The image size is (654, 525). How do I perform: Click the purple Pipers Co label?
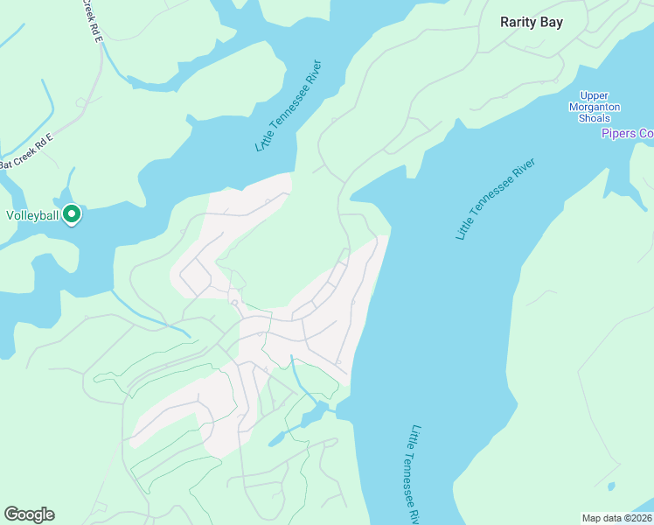tap(627, 133)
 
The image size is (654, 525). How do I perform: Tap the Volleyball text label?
tap(31, 215)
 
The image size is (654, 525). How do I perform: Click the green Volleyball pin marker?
tap(72, 213)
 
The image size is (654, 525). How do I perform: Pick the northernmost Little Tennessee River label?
tap(289, 106)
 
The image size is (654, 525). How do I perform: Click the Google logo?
tap(29, 514)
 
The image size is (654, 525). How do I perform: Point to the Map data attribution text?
tap(617, 518)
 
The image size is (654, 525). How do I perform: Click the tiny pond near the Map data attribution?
tap(610, 486)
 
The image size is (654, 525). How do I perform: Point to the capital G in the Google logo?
tap(11, 514)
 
